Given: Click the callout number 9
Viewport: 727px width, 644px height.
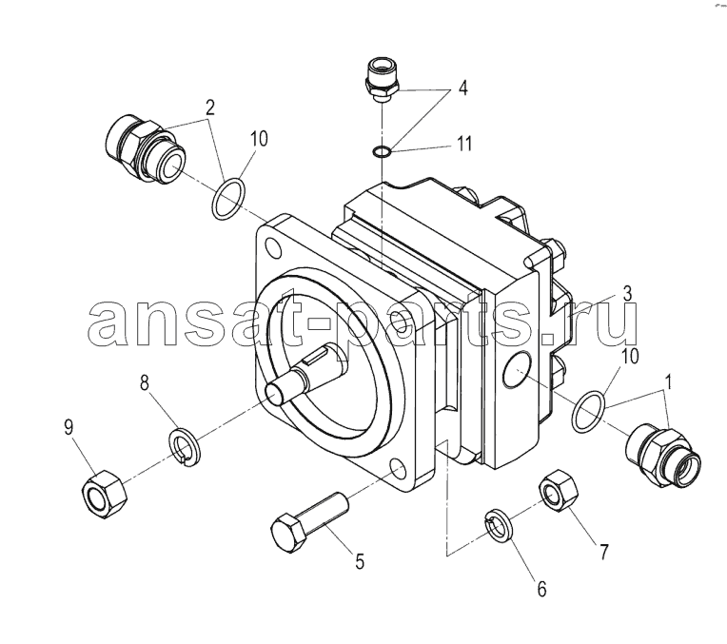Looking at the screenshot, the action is [69, 427].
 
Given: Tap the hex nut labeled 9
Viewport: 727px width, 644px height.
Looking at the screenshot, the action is [105, 495].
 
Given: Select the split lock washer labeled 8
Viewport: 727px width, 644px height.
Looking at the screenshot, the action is [184, 448].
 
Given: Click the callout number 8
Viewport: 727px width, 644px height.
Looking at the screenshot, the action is [145, 384].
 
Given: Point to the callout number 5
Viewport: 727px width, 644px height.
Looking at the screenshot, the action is [360, 561].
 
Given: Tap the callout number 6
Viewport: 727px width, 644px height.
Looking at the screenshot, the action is [541, 589].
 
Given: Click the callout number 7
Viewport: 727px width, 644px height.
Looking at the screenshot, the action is [603, 552].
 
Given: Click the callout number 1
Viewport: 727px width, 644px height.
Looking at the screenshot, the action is [668, 383].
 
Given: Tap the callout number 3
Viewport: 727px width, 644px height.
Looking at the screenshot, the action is [627, 294].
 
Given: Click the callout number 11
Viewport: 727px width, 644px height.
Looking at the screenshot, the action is [463, 144].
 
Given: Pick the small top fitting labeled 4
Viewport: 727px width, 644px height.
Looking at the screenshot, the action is [382, 80].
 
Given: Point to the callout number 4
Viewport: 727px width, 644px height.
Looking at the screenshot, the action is [462, 88].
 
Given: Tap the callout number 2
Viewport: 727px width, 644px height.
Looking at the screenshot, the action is [210, 108].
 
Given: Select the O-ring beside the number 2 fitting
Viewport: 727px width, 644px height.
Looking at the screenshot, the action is [228, 199].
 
